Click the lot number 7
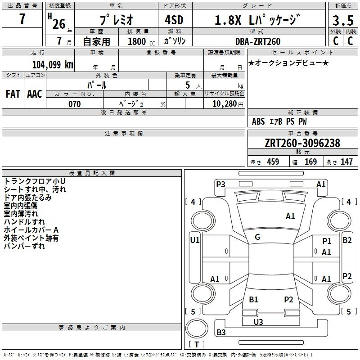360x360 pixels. point(22,19)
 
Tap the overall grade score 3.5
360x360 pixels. point(343,21)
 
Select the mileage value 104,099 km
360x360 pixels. point(53,64)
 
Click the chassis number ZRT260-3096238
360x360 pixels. point(302,143)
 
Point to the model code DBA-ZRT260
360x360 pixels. point(258,41)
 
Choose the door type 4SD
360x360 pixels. point(174,20)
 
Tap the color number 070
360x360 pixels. point(75,104)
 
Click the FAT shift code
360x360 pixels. point(13,94)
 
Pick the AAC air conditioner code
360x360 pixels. point(35,94)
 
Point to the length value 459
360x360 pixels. point(273,162)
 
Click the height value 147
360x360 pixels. point(346,162)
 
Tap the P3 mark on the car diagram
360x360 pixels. point(220,184)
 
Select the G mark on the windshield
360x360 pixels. point(257,237)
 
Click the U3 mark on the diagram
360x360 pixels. point(258,322)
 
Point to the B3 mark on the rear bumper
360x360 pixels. point(221,332)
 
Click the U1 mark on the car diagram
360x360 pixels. point(195,240)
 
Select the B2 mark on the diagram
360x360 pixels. point(347,240)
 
